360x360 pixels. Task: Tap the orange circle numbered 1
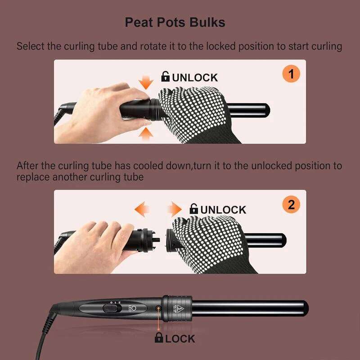291,74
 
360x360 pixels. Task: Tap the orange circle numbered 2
291,205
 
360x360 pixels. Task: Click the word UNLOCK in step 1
195,77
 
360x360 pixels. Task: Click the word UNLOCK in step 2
223,210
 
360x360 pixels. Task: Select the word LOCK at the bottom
180,339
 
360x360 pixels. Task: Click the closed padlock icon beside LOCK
159,338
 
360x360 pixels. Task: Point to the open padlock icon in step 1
166,77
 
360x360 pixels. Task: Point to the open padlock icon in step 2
194,209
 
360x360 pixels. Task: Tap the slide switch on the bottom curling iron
109,308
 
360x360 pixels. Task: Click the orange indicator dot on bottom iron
158,309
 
